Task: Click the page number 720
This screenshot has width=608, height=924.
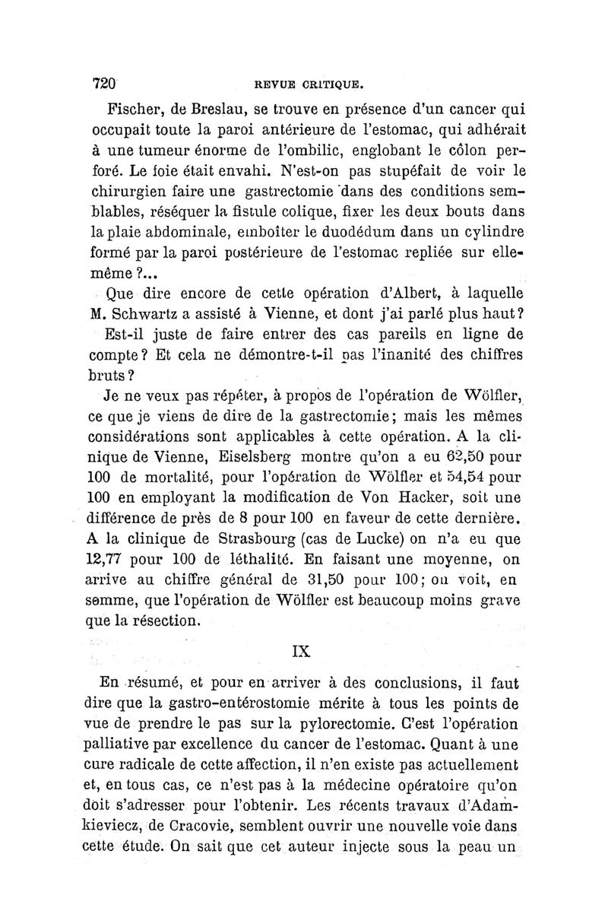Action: click(x=103, y=83)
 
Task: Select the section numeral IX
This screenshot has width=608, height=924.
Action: click(x=302, y=650)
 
